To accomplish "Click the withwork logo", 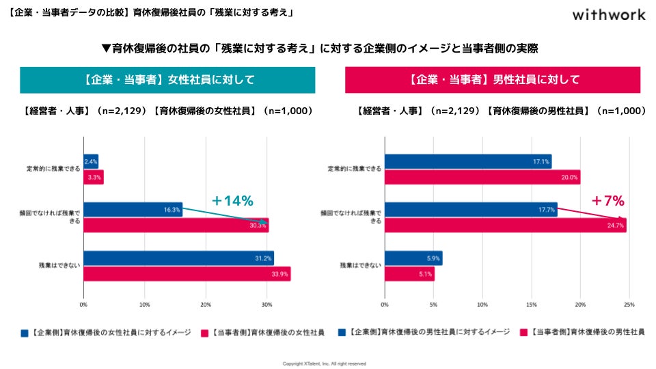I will (608, 14).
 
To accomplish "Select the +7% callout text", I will (607, 201).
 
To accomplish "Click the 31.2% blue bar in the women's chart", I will (178, 258).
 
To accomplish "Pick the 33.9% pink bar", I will (187, 274).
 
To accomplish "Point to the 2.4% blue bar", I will (91, 161).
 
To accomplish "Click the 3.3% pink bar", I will (94, 178).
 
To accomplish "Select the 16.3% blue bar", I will (133, 210).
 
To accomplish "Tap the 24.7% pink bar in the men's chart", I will (505, 225).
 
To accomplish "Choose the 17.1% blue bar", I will (468, 161).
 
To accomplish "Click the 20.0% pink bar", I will (482, 178).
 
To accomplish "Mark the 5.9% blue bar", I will (413, 258).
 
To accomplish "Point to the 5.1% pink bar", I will (409, 274).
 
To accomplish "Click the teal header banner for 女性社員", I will (168, 80).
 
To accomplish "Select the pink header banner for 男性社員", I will (493, 80).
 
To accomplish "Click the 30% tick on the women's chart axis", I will (266, 304).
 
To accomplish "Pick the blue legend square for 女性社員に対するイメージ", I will (25, 333).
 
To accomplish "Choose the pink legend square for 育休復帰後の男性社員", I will (525, 333).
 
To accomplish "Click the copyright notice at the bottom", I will (325, 364).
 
